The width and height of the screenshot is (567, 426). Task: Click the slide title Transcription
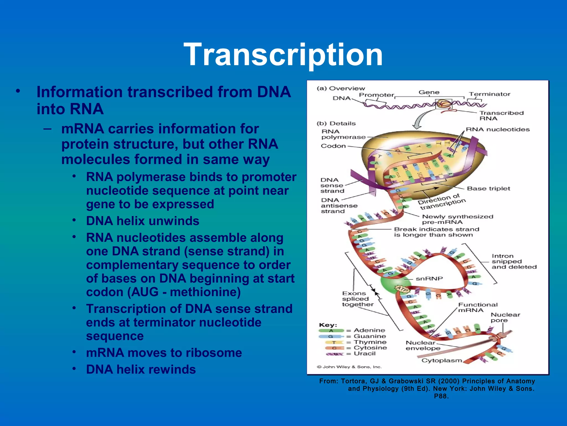click(283, 54)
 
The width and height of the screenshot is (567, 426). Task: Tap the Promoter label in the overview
click(376, 95)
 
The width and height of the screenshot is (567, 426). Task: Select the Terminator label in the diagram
click(489, 94)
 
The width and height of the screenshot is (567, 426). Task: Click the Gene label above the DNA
click(429, 92)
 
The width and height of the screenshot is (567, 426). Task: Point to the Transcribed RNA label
click(501, 116)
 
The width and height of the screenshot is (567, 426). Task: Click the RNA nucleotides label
click(498, 130)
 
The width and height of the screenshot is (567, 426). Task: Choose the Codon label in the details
click(333, 146)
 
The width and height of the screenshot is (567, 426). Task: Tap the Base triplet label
click(488, 189)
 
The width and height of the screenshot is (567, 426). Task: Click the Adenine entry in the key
click(369, 330)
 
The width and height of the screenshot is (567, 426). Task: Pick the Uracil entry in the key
click(365, 354)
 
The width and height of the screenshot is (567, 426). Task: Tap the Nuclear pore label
click(505, 318)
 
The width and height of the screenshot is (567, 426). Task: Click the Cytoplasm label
click(442, 361)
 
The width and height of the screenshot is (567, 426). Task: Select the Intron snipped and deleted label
click(514, 262)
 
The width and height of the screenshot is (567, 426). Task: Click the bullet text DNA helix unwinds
click(143, 221)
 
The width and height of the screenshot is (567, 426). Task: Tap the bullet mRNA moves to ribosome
click(164, 353)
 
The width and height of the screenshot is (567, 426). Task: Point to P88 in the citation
click(441, 396)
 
